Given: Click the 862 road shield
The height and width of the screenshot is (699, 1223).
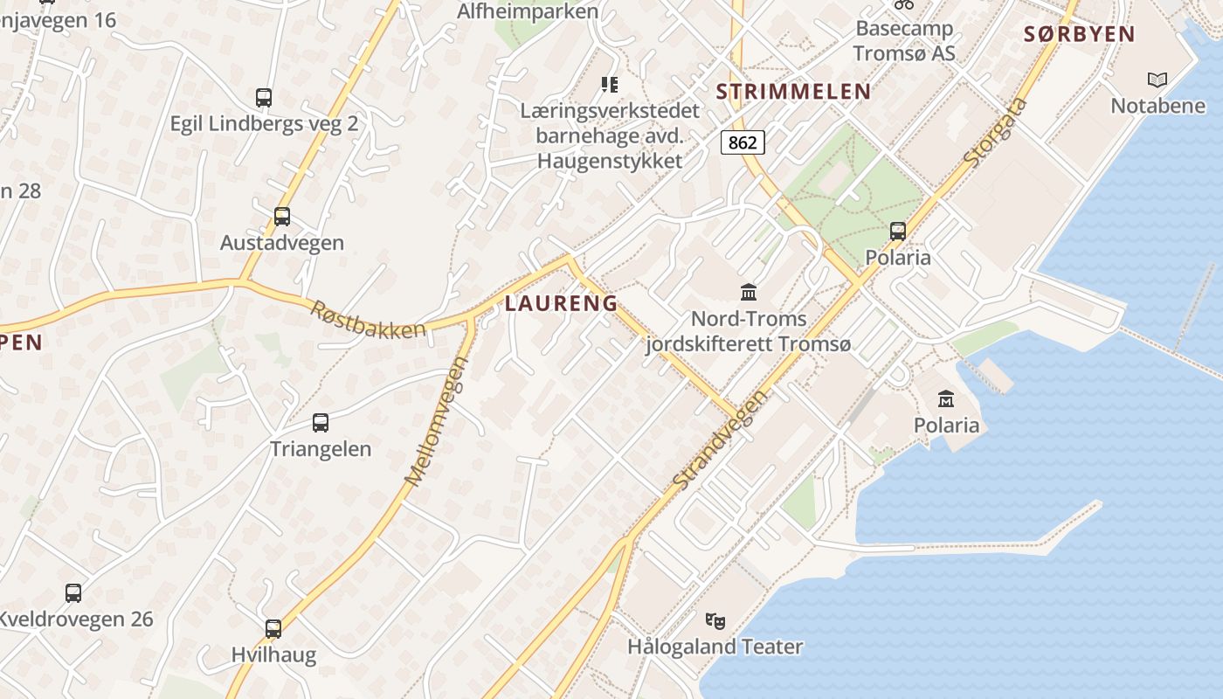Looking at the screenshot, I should [x=743, y=142].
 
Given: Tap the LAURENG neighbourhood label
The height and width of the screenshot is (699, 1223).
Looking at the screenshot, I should [x=561, y=304].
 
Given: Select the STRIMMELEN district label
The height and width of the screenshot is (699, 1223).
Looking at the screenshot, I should [x=793, y=92].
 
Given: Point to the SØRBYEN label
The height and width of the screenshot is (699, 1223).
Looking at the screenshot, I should [x=1079, y=35].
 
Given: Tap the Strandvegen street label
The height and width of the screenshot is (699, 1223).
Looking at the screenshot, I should [x=722, y=439].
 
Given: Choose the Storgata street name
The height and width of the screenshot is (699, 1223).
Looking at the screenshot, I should [x=996, y=134].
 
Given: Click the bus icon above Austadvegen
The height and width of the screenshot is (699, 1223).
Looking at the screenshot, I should [x=281, y=216].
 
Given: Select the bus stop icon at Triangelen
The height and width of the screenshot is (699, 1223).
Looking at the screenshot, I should [x=321, y=423].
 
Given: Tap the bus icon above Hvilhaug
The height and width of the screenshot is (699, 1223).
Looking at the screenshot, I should [x=273, y=628].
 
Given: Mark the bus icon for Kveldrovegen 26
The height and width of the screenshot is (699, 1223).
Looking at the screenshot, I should [x=73, y=593].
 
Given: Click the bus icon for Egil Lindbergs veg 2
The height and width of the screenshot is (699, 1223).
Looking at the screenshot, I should [x=263, y=97].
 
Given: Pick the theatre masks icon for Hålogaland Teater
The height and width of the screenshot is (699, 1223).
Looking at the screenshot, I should [x=715, y=621].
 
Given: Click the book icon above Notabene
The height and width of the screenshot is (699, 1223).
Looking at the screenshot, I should [x=1157, y=80].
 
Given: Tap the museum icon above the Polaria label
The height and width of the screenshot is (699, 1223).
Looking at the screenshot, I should [x=945, y=399].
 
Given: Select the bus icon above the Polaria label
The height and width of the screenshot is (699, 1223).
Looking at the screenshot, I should [x=897, y=232].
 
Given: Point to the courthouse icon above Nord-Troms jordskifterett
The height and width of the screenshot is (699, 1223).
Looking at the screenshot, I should [x=748, y=292].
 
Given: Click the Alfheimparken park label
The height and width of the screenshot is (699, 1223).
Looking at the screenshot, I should [x=528, y=11].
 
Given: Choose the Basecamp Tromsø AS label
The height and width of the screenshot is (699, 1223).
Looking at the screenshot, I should [x=904, y=40].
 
